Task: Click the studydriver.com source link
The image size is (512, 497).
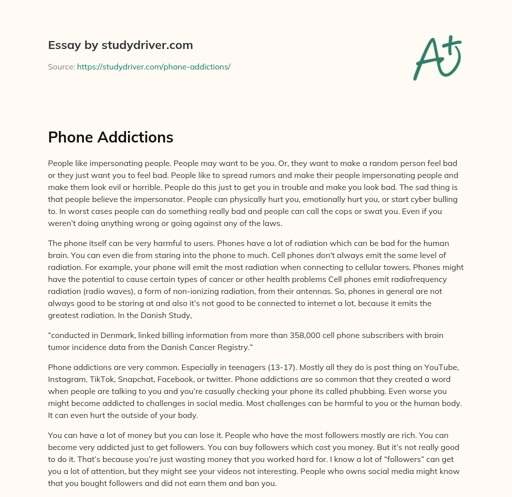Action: pos(153,66)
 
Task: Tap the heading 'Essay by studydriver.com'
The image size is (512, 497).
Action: pos(120,45)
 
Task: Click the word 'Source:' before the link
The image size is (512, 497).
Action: pos(61,66)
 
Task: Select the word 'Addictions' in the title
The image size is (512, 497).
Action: pos(140,137)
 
